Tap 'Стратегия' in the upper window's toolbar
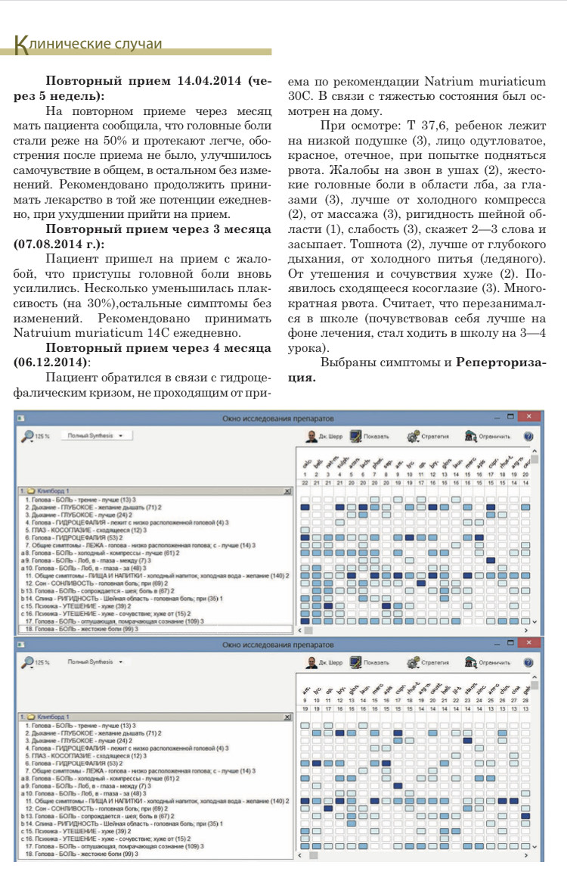429,437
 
